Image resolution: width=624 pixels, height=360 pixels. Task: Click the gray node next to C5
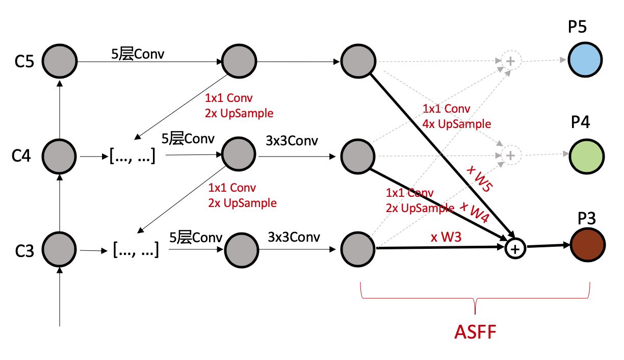pos(60,60)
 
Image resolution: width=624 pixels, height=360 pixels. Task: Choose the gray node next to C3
pos(60,249)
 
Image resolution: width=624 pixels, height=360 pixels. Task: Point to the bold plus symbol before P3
pos(515,249)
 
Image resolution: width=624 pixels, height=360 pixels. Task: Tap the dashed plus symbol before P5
pos(509,60)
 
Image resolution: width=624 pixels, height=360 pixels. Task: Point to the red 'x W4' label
pos(474,212)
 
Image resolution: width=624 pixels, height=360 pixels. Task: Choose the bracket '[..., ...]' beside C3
pos(135,250)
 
